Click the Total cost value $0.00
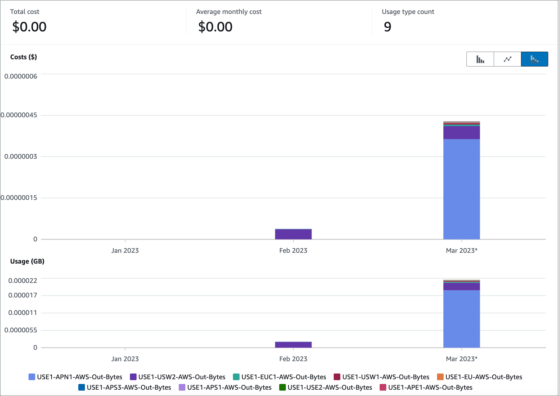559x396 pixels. point(29,27)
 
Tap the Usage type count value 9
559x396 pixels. point(387,27)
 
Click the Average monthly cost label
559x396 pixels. point(228,12)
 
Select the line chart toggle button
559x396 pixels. point(507,59)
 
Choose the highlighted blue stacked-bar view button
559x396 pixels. point(534,59)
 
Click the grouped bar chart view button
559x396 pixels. point(480,59)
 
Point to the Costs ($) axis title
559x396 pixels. point(23,57)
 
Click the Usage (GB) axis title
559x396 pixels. point(27,261)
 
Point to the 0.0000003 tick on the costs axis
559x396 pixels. point(21,156)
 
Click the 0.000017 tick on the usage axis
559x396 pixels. point(22,295)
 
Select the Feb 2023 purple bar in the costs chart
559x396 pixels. point(293,234)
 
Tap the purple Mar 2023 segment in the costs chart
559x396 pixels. point(461,133)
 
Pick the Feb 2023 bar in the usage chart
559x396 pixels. point(293,345)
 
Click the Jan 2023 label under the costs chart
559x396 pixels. point(125,251)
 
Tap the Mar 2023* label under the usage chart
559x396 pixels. point(461,359)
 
